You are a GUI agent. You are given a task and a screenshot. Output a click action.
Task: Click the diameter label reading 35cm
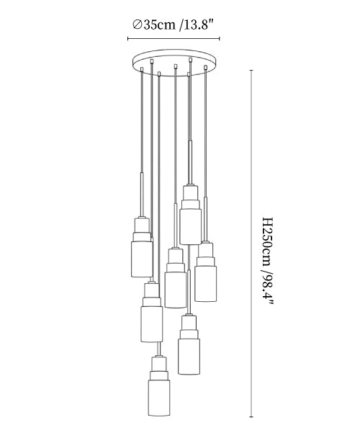point(159,24)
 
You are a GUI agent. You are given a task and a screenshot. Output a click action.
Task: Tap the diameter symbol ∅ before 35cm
point(138,24)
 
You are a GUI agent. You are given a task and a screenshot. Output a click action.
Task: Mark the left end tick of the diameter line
point(128,38)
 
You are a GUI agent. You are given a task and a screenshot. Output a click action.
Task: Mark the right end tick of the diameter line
point(220,38)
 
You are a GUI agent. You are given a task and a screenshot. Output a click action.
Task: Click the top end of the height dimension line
point(251,71)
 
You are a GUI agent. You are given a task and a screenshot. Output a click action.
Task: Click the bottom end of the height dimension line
point(251,417)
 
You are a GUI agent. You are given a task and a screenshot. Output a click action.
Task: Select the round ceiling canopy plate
point(174,63)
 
